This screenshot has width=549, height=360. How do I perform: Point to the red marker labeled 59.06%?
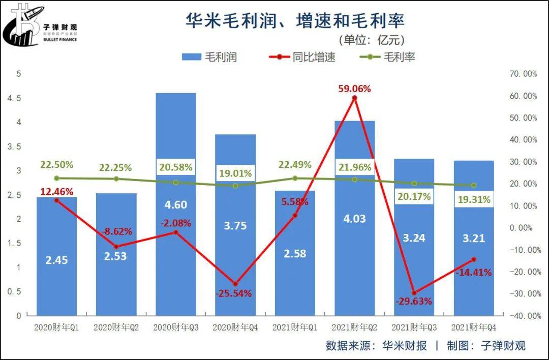[355, 98]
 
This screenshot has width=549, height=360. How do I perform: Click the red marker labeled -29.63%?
[414, 293]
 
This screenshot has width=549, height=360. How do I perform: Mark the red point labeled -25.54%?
[235, 284]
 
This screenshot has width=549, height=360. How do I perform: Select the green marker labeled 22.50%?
[56, 178]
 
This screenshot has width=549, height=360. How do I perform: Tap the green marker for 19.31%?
[474, 185]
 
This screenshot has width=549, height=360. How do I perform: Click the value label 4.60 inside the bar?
[176, 205]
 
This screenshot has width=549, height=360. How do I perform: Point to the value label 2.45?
[56, 260]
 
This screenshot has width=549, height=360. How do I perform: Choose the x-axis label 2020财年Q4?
[235, 328]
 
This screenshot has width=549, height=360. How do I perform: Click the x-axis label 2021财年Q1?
[295, 328]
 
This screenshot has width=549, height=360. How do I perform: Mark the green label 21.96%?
[354, 166]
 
